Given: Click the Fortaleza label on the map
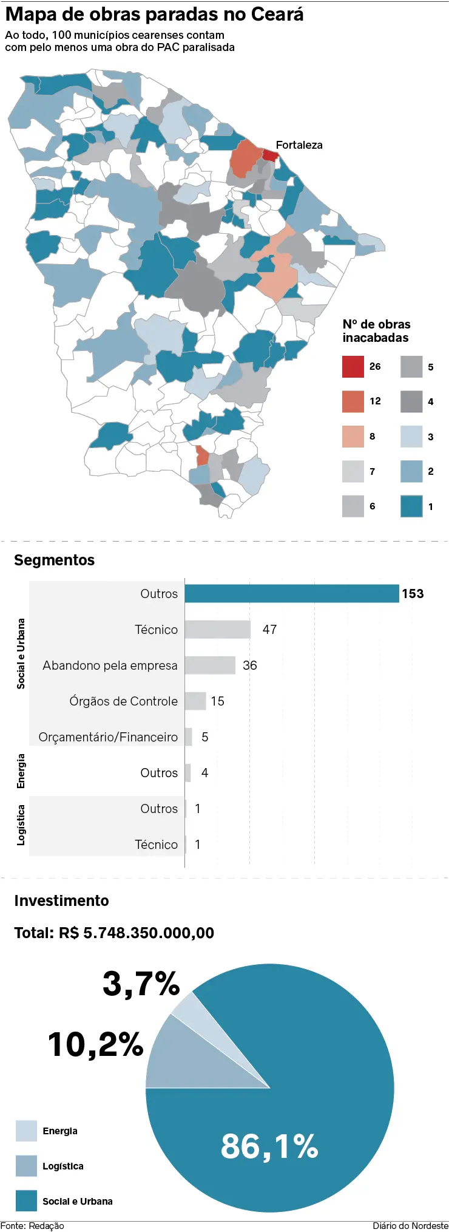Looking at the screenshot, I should point(299,145).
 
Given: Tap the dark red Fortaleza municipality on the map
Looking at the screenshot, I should point(271,155).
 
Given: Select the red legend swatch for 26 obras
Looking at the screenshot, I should point(353,367).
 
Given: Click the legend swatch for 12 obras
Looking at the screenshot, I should point(353,401).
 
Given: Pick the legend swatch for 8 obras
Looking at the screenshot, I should point(353,437).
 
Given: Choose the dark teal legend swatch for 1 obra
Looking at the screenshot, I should point(411,506).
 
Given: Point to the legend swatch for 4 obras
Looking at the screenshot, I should point(411,401).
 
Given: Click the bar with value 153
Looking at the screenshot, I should point(291,594).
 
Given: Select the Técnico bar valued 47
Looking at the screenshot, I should point(217,630).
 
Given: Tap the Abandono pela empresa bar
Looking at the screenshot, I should point(210,665).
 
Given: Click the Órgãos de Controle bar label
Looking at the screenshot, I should point(123,701).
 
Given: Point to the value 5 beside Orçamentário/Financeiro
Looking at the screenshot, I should point(205,737).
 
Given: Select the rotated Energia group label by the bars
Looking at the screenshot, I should point(21,771).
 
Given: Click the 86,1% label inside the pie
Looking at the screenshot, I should point(269,1146).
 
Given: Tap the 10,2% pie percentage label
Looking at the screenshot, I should point(96,1044).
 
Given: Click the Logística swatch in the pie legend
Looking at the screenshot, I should point(26,1166).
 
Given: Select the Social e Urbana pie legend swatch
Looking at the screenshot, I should point(26,1200).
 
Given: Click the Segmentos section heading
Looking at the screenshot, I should point(55,560).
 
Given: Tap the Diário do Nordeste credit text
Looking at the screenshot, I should point(410,1226).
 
